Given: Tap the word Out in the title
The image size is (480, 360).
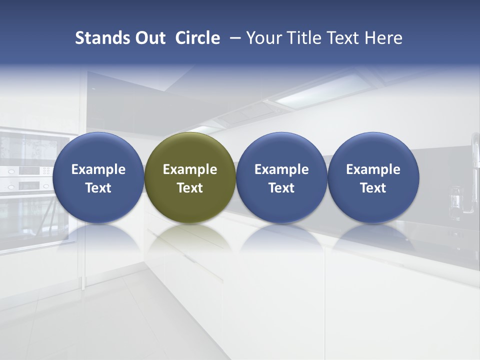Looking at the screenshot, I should tap(148, 38).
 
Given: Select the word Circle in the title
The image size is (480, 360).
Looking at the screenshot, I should tap(197, 38).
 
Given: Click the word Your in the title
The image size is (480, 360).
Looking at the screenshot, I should tap(262, 38).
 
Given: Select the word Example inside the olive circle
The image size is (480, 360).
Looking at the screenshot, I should tap(190, 169).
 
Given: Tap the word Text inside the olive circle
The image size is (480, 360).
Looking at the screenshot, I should tap(190, 188).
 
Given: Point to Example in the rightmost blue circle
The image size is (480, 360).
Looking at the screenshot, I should tap(373, 169).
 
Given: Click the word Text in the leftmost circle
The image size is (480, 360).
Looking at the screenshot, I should tap(98, 188).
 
